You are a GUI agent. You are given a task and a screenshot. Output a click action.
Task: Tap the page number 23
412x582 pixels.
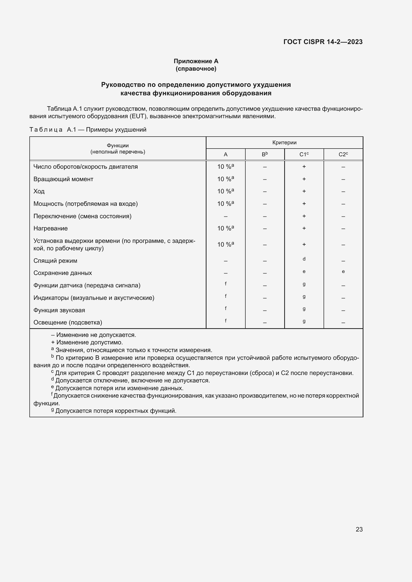359,529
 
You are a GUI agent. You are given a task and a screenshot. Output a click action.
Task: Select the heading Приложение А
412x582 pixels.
196,61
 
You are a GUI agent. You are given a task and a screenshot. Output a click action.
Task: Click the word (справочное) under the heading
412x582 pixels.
196,69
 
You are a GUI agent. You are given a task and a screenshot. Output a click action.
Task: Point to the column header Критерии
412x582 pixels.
284,143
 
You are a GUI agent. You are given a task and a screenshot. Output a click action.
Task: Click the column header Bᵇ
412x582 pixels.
265,154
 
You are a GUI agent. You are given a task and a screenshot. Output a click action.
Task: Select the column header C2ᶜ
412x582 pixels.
343,154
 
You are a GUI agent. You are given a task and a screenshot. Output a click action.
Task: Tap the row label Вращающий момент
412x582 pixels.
63,179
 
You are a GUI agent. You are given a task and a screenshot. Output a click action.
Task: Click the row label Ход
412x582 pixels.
39,191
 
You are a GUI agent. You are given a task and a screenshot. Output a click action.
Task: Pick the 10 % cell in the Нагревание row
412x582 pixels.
225,228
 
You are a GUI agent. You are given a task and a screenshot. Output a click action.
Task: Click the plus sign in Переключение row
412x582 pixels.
304,216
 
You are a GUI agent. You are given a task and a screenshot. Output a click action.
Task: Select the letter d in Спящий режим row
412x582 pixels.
304,259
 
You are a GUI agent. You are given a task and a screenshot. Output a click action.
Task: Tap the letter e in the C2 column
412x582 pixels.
343,271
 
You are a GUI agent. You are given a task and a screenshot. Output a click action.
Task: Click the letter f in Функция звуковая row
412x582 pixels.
225,308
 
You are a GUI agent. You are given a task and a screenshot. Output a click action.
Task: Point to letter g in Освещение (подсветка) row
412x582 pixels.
304,321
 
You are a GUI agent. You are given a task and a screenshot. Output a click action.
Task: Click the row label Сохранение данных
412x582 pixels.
63,273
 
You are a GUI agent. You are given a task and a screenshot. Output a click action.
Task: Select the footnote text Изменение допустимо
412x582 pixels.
89,342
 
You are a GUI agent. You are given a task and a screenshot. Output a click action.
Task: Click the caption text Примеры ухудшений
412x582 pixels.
116,130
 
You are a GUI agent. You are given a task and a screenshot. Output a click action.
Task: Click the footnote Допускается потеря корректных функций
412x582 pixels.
116,411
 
